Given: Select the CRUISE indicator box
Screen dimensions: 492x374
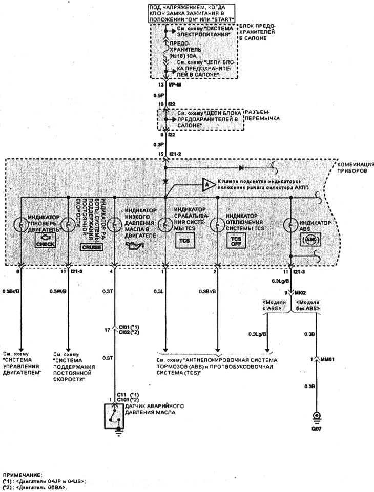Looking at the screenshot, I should point(91,247).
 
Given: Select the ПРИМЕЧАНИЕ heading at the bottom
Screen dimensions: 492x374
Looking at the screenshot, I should point(20,475).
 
